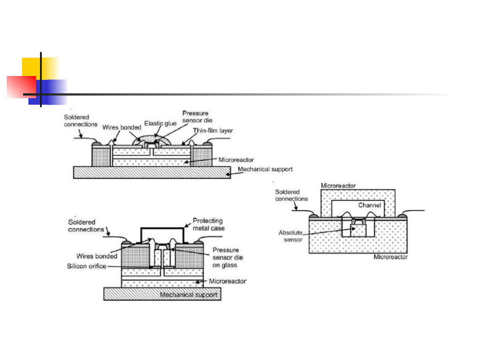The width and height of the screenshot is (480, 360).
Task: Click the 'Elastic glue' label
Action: (160, 124)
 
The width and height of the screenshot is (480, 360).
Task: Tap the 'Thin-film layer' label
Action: (213, 131)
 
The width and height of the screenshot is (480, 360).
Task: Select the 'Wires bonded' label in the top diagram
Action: (121, 128)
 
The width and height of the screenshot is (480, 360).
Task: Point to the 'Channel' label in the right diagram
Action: (369, 205)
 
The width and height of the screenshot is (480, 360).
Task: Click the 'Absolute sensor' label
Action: (291, 236)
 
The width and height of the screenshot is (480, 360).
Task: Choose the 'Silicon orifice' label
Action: (87, 266)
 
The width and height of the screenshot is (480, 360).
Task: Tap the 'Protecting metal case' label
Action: (208, 224)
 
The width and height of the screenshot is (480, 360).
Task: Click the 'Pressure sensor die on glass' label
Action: (228, 257)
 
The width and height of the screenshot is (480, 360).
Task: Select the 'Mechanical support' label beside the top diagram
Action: (265, 169)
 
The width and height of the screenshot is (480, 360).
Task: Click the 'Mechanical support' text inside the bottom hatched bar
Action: (188, 295)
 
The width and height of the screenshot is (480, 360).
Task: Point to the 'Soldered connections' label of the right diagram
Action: (291, 195)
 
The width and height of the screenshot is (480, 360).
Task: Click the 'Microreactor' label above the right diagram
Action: (338, 185)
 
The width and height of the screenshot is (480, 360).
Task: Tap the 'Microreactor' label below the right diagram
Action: (391, 257)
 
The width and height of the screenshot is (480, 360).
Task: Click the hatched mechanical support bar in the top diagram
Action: (152, 172)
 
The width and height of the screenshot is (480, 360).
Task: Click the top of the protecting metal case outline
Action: (162, 228)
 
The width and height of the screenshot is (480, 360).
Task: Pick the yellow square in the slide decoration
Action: (40, 68)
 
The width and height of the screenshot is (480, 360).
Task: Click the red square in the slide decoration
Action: (21, 87)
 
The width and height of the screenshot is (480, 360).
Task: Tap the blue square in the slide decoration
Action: (48, 92)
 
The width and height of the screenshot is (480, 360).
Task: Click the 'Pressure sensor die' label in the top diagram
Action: (197, 117)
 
